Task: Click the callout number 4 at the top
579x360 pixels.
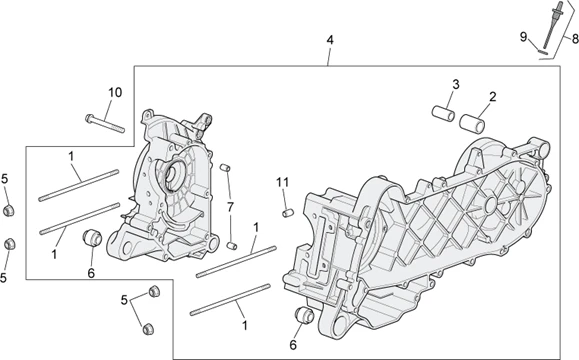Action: pos(330,40)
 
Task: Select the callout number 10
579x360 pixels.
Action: pos(115,92)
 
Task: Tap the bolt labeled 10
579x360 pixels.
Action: pos(105,124)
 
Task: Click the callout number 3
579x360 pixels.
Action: pos(456,85)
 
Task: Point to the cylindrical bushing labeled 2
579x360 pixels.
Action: pos(472,123)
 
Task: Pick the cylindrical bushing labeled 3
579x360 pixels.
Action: pos(443,113)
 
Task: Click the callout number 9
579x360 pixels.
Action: pos(523,37)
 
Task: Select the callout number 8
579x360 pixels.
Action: pos(575,38)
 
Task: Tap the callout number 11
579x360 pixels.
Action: pos(282,182)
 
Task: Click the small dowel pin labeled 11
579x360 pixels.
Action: pos(288,213)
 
